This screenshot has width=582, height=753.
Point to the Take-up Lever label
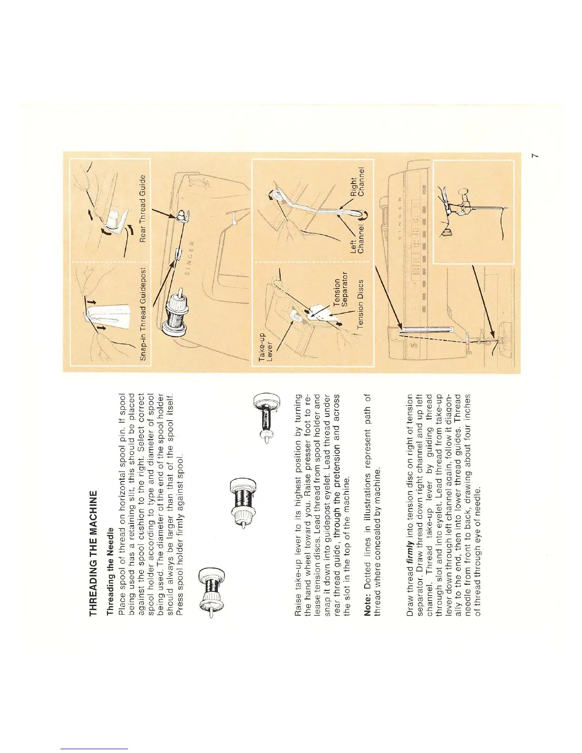265,349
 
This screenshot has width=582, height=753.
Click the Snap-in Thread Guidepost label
144,314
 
